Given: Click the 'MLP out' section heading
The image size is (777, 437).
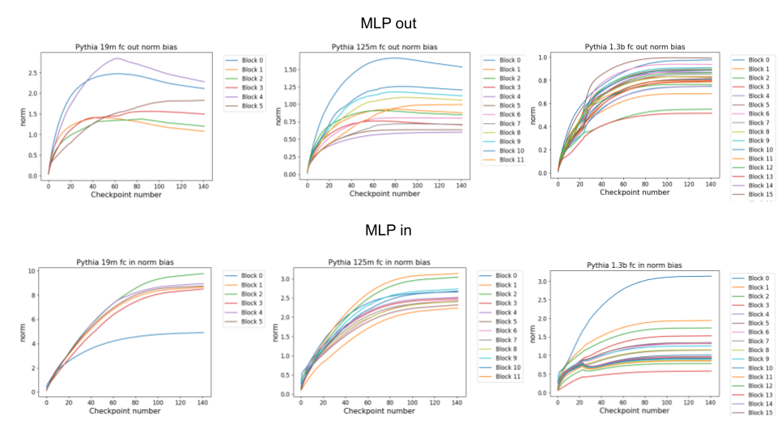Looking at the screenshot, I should pos(388,23).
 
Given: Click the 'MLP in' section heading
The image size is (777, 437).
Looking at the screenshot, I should pos(388,231).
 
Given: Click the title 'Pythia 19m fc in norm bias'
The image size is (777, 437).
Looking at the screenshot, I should pos(125,262).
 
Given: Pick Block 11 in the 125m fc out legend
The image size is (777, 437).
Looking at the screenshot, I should pos(512,159).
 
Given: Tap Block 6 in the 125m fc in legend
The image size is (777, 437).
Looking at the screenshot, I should pos(506,331).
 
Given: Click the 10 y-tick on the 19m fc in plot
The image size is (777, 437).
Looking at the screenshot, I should pos(32,270).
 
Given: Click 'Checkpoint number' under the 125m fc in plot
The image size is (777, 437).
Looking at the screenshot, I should pos(381,411).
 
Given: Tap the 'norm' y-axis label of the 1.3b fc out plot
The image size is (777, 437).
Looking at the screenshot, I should pos(535,113).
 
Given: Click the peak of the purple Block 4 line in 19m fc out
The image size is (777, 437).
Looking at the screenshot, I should pos(118,58).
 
